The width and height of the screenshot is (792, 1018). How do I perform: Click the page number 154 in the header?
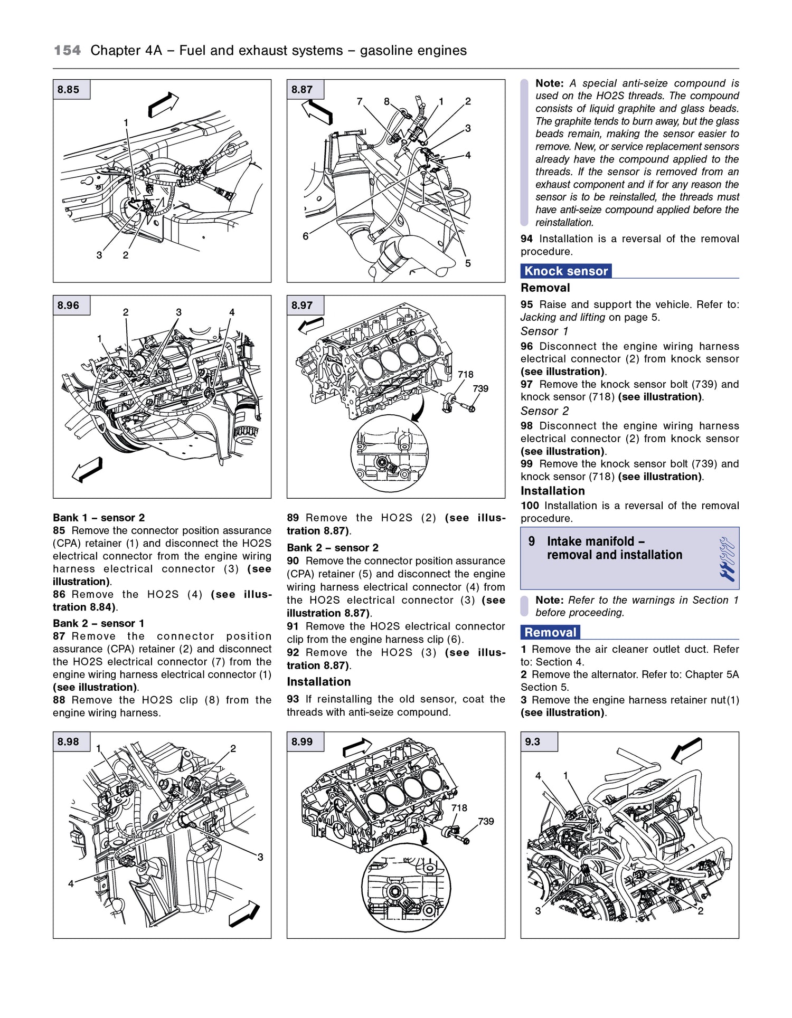67,51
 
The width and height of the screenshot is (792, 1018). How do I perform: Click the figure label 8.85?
69,90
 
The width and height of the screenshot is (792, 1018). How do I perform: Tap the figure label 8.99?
302,741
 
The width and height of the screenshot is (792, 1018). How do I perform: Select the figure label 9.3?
532,741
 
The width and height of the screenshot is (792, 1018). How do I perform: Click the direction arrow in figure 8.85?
163,104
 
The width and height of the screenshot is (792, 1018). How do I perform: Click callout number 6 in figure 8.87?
305,236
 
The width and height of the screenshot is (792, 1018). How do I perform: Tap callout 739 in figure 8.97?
480,388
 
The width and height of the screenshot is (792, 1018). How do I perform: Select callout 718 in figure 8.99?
459,808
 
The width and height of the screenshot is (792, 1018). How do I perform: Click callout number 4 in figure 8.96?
231,312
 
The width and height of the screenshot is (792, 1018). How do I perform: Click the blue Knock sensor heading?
565,271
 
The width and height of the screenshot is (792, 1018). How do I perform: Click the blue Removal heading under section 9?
550,632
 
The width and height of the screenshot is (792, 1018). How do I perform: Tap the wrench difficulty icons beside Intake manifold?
727,559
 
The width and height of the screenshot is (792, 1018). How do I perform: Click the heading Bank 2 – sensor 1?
98,623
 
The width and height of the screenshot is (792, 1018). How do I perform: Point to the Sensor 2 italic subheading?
544,411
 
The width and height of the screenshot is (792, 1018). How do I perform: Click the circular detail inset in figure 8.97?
389,454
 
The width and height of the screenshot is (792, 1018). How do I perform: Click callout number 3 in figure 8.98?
260,857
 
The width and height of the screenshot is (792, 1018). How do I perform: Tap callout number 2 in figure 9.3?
700,911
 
